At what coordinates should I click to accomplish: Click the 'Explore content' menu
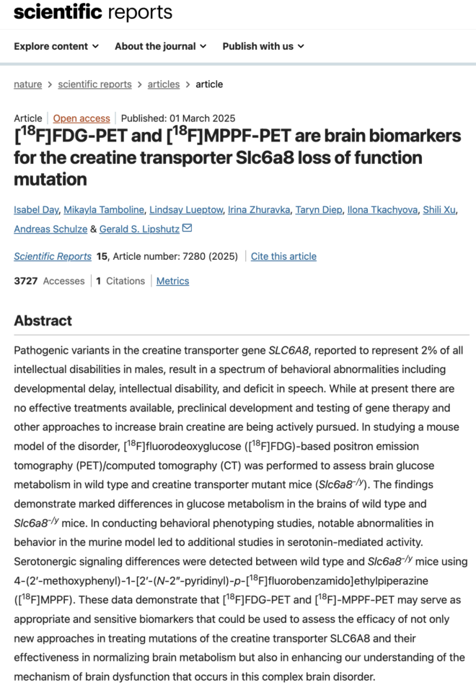[56, 46]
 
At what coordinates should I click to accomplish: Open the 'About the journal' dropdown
[160, 46]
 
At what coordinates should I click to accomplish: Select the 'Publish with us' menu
[263, 46]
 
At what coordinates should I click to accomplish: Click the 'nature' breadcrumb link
[28, 84]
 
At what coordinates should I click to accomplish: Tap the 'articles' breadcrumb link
[164, 84]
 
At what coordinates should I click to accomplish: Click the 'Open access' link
[81, 118]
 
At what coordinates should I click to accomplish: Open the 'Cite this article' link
[283, 256]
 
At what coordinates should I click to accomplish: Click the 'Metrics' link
[172, 281]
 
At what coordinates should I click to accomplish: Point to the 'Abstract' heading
[43, 321]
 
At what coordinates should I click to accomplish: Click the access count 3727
[27, 281]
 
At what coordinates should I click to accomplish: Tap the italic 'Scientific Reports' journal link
[53, 256]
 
